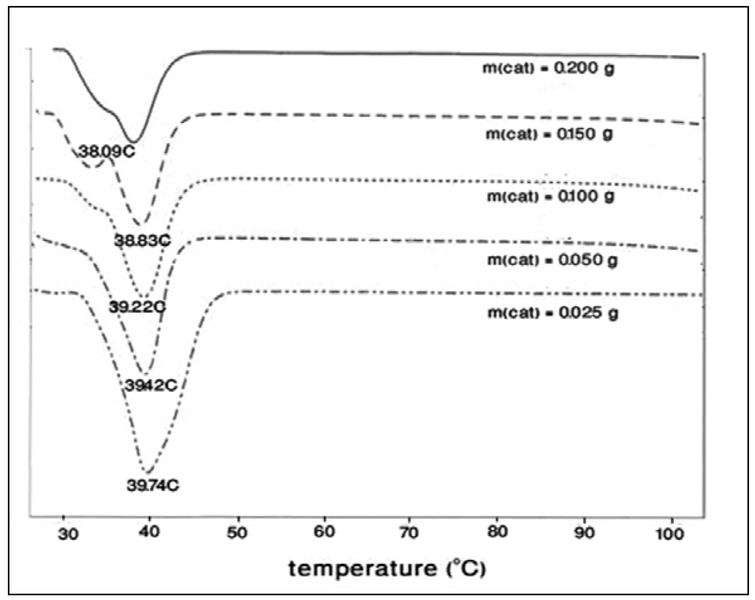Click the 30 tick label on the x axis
coord(68,535)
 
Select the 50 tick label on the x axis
coord(237,532)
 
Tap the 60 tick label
coord(324,532)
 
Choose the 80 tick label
coord(497,532)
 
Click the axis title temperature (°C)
coord(387,569)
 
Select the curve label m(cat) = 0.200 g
coord(548,68)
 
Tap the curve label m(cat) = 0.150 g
coord(549,134)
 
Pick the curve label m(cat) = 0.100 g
coord(551,196)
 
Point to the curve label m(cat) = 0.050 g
coord(552,260)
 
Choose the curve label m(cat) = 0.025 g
coord(552,313)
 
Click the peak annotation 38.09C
coord(106,152)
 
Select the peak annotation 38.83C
coord(142,241)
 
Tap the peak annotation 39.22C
coord(137,307)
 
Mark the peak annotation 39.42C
coord(151,385)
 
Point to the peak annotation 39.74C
coord(153,485)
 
